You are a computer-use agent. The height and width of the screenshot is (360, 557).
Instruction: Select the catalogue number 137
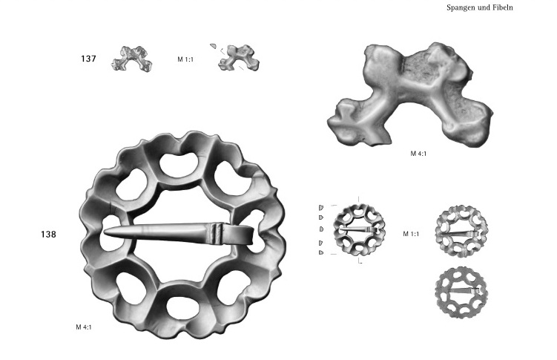point(88,59)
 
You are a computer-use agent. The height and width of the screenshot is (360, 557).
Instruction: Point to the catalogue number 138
point(48,235)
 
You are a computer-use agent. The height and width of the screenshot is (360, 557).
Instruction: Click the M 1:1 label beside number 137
point(185,59)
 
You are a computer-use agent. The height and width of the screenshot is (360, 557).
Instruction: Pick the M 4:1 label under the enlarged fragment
point(418,154)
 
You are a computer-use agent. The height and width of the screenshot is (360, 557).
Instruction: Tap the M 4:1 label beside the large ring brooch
point(84,327)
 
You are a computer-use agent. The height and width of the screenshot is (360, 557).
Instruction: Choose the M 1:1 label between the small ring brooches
point(411,234)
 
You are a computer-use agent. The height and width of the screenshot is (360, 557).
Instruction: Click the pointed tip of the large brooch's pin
point(104,232)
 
